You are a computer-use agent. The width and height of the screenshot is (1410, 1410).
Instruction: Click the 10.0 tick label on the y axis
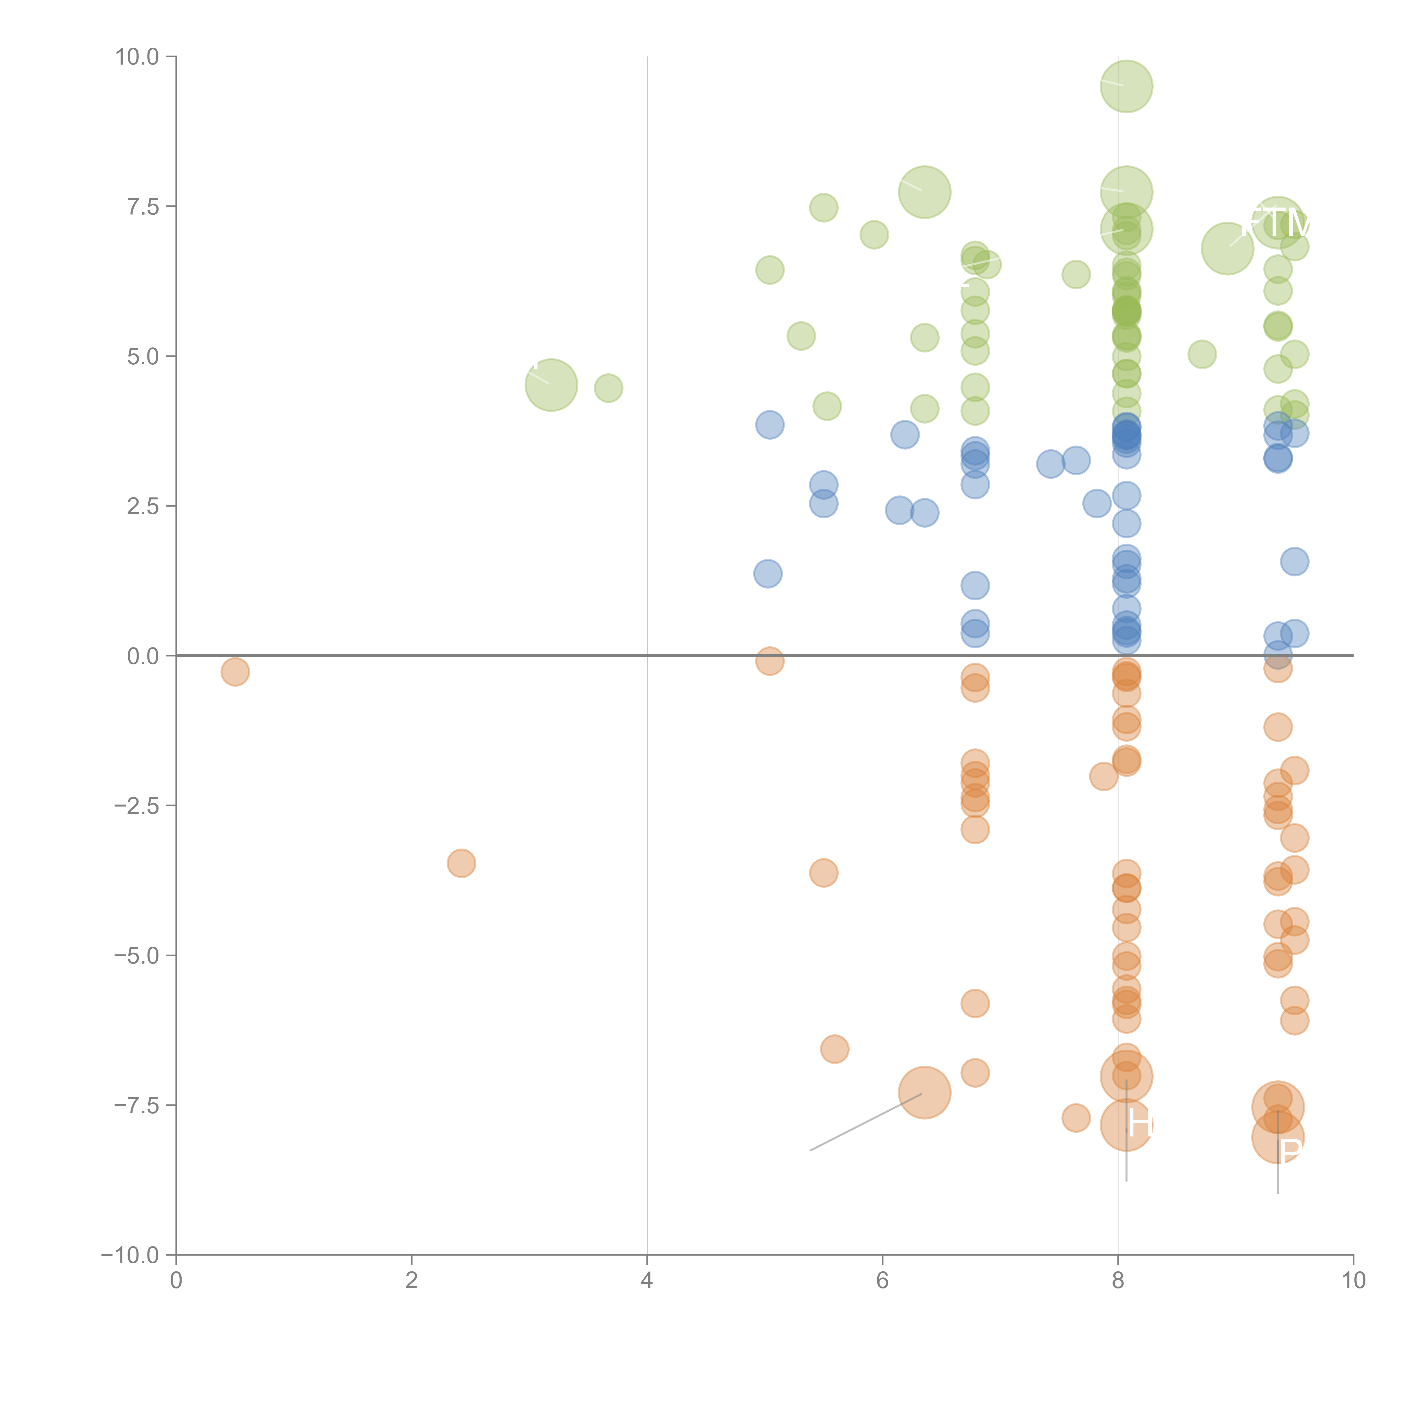pyautogui.click(x=137, y=57)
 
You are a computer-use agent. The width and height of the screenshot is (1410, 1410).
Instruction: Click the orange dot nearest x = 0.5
pyautogui.click(x=235, y=671)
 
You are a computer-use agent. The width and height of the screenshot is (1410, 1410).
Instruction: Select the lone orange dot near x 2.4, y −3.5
pyautogui.click(x=461, y=863)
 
